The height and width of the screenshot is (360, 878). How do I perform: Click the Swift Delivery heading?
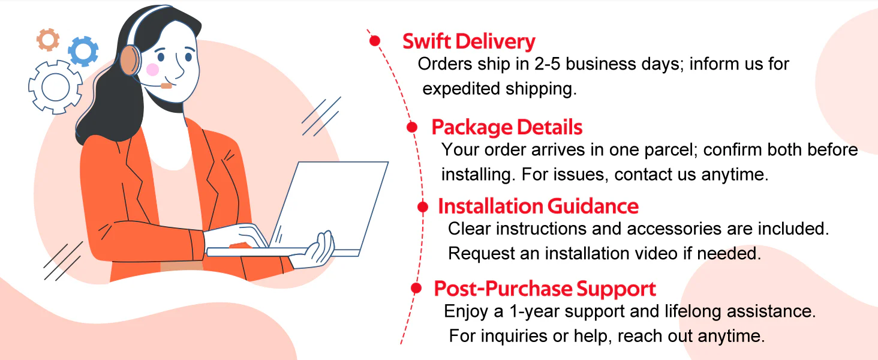point(469,41)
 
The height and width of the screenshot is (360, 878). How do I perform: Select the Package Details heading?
point(507,127)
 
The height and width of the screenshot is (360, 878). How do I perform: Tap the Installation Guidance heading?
point(538,206)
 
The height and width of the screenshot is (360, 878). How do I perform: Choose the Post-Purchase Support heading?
point(545,289)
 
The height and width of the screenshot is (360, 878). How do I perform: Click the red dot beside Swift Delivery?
point(375,41)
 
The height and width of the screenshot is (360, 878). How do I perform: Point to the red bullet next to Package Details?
point(412,127)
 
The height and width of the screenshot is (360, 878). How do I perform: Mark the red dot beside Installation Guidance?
point(423,206)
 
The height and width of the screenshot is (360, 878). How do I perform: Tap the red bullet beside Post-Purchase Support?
point(416,288)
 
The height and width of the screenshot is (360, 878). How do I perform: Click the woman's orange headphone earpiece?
point(130,60)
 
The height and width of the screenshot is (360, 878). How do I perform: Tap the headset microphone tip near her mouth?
point(166,86)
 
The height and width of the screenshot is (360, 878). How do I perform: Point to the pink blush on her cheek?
point(152,70)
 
